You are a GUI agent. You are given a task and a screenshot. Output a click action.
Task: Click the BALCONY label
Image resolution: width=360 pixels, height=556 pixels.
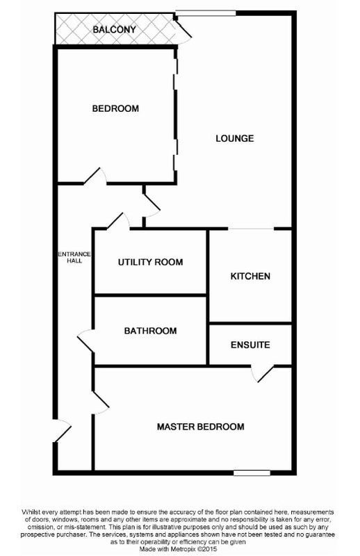114,29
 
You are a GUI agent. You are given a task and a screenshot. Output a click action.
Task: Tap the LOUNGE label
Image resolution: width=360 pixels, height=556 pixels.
235,138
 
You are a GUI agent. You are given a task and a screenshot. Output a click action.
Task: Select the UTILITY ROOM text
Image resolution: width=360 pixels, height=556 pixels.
150,263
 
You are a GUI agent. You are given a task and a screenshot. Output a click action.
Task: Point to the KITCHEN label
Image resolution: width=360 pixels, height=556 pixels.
250,276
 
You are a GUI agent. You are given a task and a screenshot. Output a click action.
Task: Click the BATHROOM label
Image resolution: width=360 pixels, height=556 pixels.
150,331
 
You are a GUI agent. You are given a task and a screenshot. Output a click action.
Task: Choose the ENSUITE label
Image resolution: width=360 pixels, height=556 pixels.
250,345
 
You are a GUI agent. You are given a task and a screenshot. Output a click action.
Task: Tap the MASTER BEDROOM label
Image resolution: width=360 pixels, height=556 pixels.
201,427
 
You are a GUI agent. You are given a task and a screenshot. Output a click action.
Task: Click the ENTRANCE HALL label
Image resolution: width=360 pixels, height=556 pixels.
74,257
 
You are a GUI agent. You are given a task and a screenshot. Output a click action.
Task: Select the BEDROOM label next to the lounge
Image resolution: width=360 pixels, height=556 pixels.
115,108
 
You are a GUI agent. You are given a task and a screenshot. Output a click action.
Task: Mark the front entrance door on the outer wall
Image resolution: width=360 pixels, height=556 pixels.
63,431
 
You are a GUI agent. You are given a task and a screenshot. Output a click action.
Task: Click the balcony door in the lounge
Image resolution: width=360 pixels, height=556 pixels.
182,29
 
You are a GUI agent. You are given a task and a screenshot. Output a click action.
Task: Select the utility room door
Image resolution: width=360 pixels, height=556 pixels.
118,220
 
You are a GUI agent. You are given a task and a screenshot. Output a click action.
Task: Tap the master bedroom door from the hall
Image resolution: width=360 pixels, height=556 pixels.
101,402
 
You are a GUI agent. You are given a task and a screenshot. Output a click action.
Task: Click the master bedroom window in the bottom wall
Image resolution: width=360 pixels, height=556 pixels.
252,473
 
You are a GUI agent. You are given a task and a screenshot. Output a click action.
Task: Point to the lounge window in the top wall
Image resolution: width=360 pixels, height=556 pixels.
206,13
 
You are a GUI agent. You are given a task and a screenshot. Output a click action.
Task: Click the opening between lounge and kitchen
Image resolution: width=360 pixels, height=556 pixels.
251,229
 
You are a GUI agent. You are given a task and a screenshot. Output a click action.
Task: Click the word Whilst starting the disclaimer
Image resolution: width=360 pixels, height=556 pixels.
31,512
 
